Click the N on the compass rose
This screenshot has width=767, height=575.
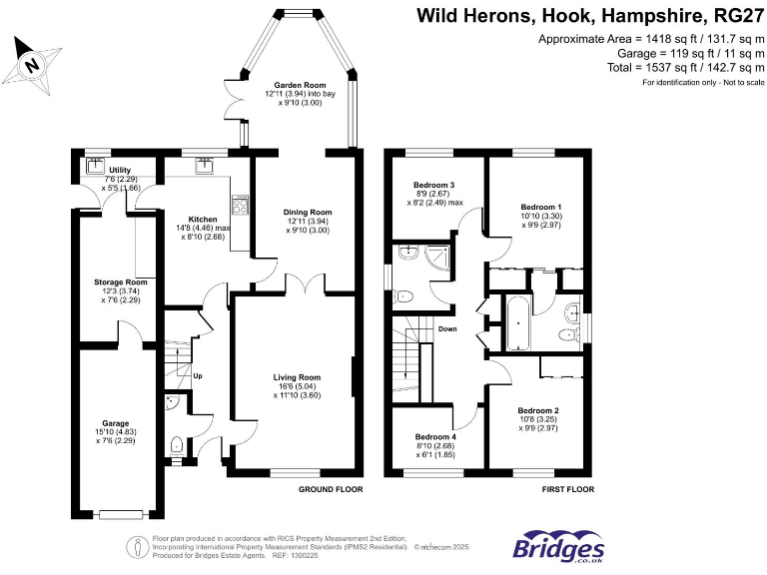[32, 64]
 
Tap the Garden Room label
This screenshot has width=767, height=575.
[300, 85]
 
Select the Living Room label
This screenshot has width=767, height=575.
[297, 377]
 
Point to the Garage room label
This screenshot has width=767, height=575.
[116, 423]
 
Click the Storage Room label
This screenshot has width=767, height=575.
[120, 283]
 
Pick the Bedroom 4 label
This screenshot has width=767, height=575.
[435, 436]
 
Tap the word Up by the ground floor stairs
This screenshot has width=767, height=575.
[198, 376]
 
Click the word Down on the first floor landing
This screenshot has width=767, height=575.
[447, 329]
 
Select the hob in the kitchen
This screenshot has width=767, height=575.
[240, 205]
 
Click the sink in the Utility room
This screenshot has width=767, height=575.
[95, 166]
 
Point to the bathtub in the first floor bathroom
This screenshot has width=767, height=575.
[517, 322]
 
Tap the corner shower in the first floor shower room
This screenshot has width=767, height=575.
[437, 258]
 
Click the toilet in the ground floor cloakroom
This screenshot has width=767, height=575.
[176, 445]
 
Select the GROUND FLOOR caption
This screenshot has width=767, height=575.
[331, 489]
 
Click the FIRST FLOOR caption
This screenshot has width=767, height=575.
[568, 489]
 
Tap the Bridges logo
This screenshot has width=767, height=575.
[558, 546]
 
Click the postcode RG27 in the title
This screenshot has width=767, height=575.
[739, 16]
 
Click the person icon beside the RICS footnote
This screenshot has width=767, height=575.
[138, 547]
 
